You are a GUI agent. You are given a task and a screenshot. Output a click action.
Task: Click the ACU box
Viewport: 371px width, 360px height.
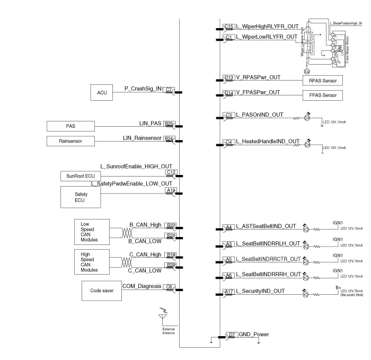pos(102,92)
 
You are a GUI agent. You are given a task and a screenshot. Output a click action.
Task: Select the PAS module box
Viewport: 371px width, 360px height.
pos(70,126)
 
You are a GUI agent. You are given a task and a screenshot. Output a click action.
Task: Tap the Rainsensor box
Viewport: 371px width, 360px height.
pos(70,141)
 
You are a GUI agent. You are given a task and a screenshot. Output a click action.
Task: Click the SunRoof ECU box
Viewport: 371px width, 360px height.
pos(80,176)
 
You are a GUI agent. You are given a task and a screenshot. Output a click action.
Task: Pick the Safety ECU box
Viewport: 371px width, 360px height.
pos(81,197)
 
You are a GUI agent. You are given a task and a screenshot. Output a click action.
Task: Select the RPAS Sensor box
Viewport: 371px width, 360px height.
pos(322,81)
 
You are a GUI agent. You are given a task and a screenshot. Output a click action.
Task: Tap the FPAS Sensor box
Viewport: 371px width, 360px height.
pos(322,96)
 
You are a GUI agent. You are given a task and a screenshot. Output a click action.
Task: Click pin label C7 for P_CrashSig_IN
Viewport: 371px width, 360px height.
pos(169,90)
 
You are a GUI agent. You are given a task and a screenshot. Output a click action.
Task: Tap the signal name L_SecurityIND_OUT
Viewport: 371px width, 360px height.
pos(260,291)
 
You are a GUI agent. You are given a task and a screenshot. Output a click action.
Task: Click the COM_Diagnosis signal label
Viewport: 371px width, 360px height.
pos(141,286)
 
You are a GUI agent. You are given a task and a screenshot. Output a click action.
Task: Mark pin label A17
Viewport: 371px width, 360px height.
pos(229,292)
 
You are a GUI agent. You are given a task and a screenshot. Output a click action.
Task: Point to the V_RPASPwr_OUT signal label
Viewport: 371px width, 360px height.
pos(258,77)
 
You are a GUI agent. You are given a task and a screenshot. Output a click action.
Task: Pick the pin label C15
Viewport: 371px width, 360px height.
pos(229,26)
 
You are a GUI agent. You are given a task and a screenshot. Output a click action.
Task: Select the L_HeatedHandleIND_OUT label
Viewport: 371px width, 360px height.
pos(268,142)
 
